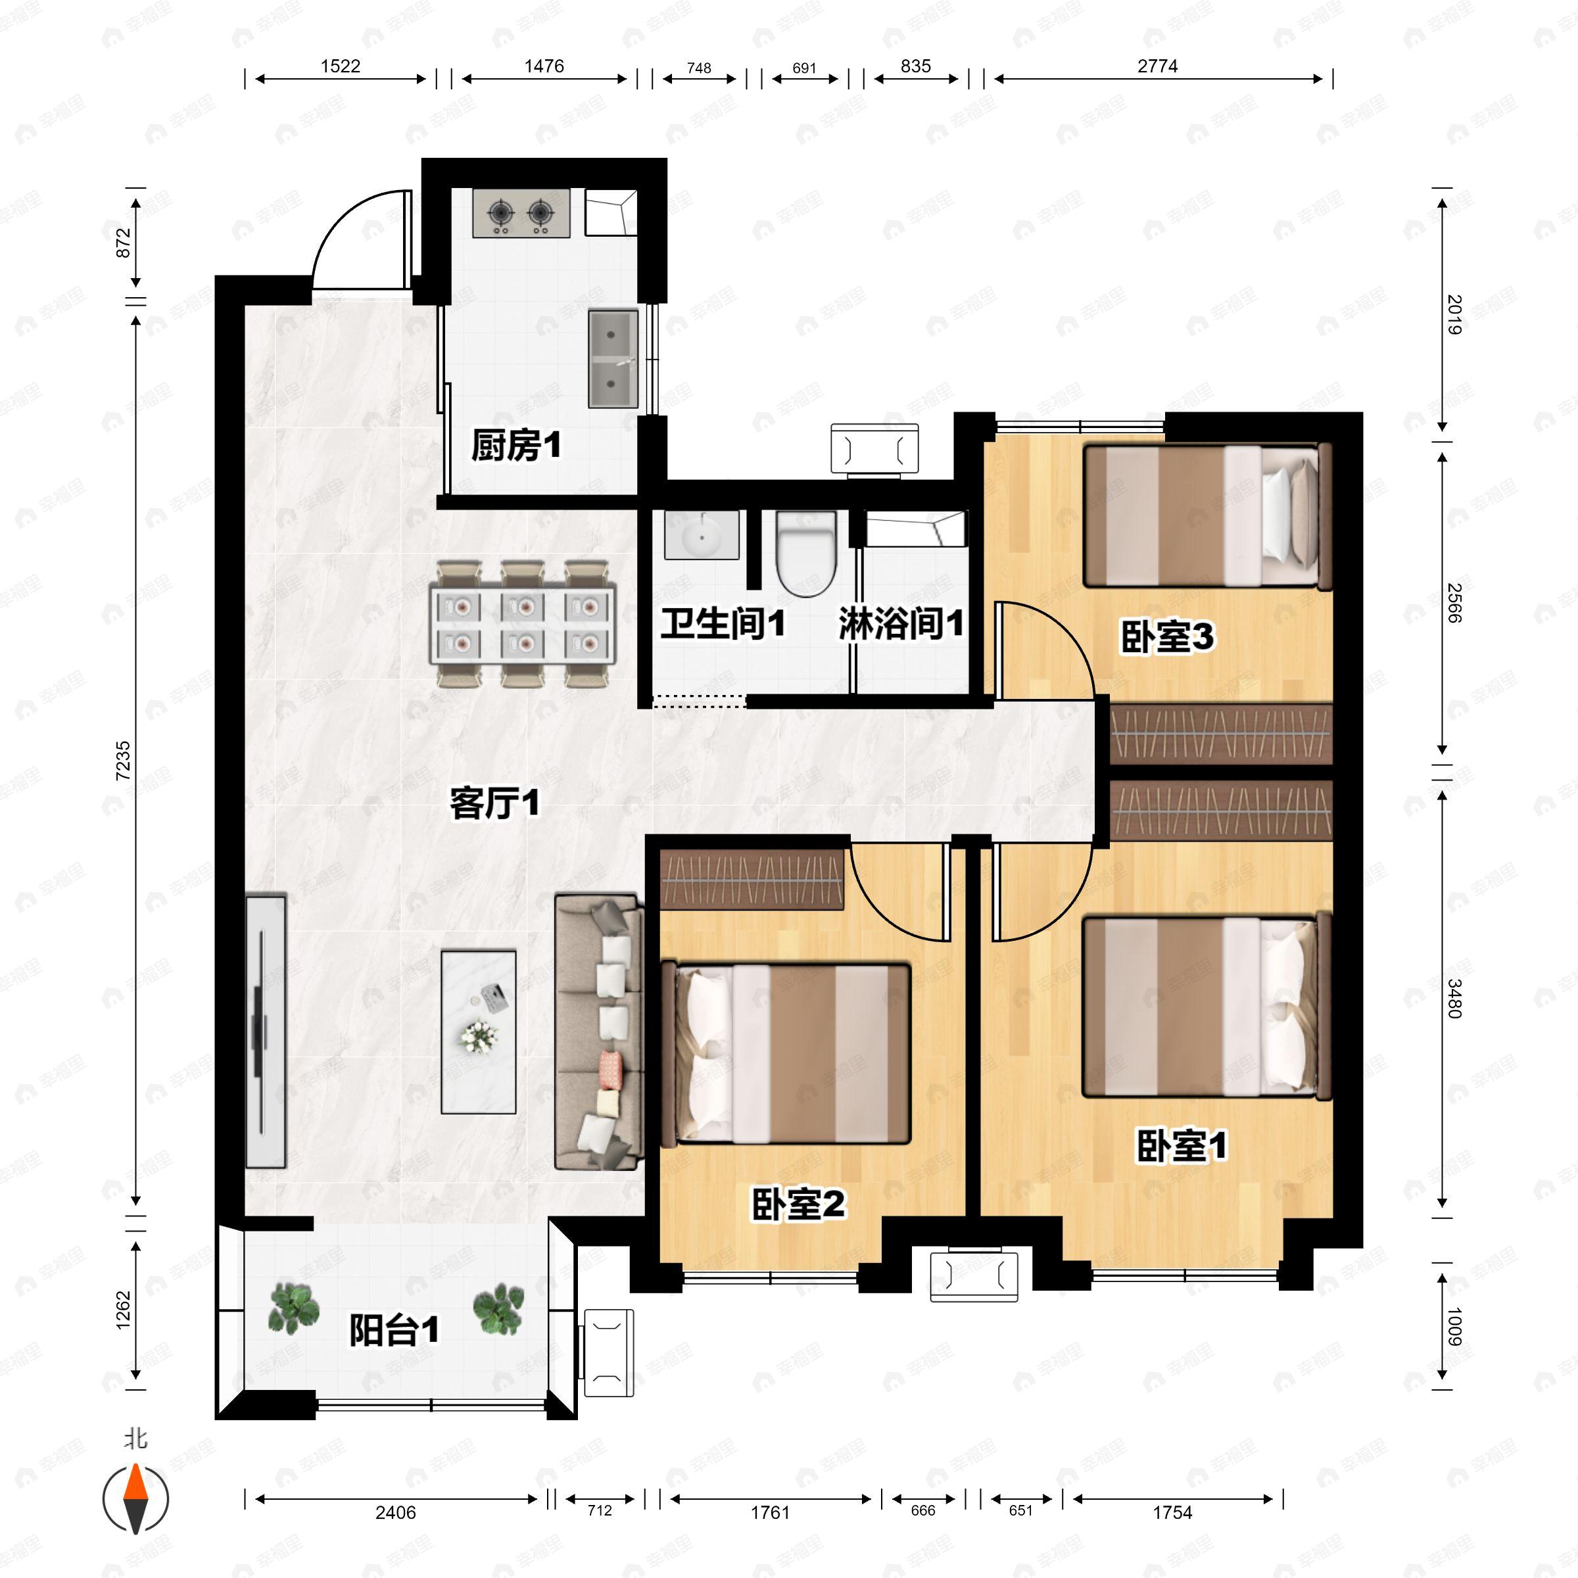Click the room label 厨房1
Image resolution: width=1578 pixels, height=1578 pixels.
(515, 446)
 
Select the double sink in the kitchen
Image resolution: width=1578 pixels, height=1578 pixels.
(613, 358)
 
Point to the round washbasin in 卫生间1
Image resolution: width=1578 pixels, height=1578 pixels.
(701, 536)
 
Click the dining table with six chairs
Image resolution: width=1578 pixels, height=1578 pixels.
(523, 623)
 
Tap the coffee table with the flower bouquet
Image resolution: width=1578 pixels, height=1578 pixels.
(479, 1031)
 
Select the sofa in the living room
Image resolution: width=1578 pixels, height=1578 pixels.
(598, 1032)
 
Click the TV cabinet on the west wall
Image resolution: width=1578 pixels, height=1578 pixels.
(266, 1031)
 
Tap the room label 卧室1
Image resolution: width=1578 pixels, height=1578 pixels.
(1181, 1146)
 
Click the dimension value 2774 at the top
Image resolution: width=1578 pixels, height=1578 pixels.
(1157, 66)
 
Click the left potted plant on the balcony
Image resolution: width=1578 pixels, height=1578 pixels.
(293, 1308)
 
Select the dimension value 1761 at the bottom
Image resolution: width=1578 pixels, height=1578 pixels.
(770, 1512)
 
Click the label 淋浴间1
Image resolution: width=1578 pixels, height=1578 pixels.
(901, 624)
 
